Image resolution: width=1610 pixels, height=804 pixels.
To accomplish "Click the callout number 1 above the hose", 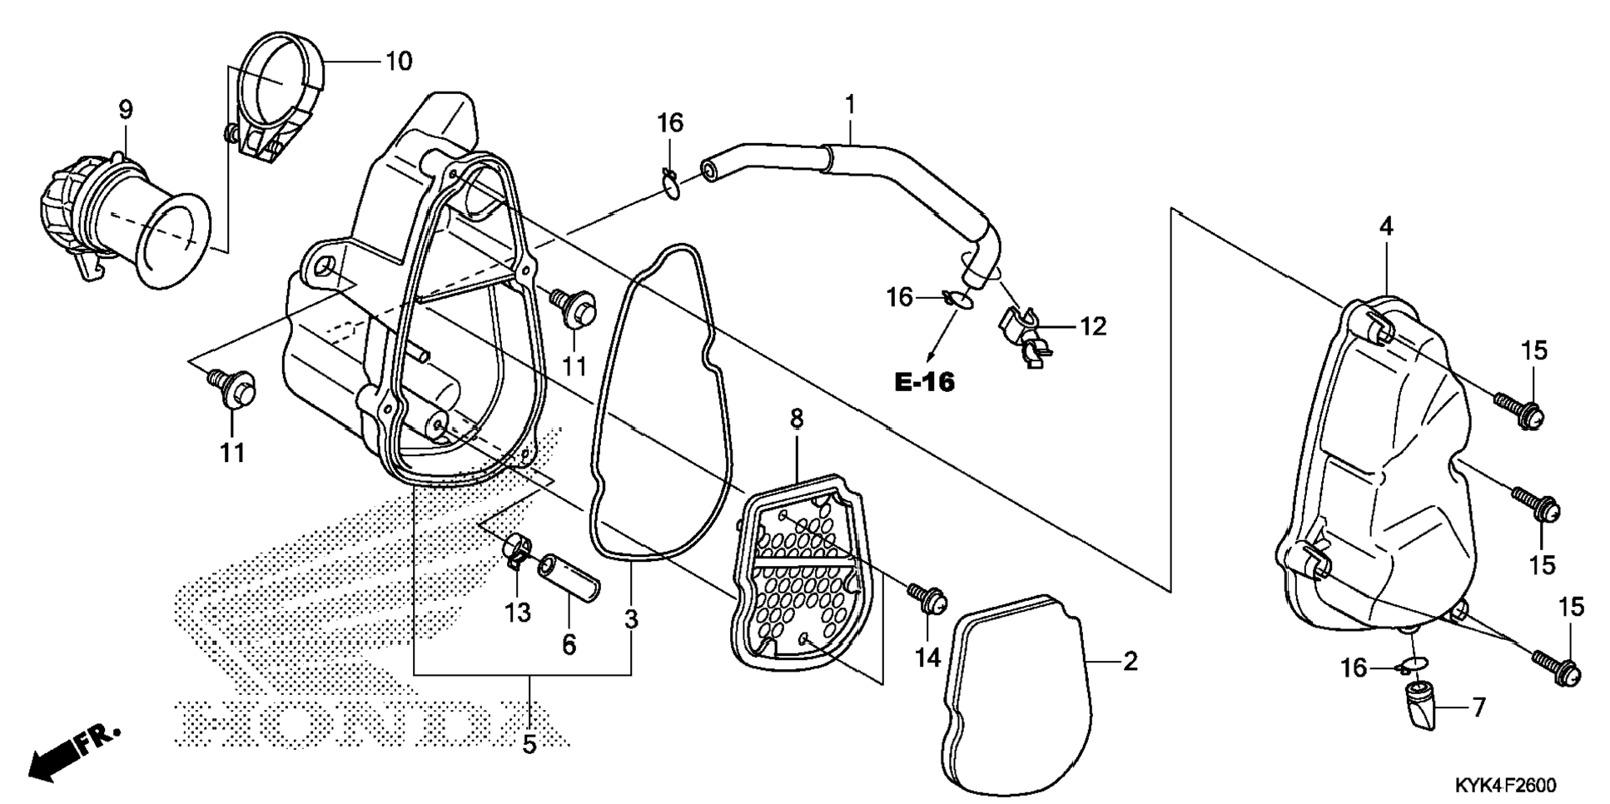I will [x=850, y=105].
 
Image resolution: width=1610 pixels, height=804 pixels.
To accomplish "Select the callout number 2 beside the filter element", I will [x=1130, y=662].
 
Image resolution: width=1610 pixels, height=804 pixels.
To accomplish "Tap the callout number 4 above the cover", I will [x=1386, y=226].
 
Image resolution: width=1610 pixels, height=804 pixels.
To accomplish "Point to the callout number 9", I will [x=126, y=109].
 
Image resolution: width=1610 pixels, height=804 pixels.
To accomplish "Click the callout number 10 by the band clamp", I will [x=399, y=61].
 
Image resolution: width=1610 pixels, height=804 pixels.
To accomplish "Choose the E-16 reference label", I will [x=925, y=382].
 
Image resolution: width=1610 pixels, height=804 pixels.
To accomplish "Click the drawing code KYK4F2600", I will [x=1505, y=785].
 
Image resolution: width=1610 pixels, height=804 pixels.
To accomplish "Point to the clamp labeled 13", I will [x=517, y=551].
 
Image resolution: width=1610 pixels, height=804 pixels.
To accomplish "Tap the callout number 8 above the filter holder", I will [x=797, y=419].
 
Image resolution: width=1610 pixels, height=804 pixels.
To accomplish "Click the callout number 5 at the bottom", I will [x=529, y=743].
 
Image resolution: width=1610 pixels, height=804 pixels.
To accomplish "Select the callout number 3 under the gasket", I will [x=632, y=619].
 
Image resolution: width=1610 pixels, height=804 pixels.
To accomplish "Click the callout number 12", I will [x=1093, y=327].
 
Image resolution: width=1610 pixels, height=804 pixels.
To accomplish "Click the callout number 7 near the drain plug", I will [x=1478, y=708].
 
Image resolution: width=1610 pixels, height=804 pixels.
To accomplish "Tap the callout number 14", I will [x=927, y=658].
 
